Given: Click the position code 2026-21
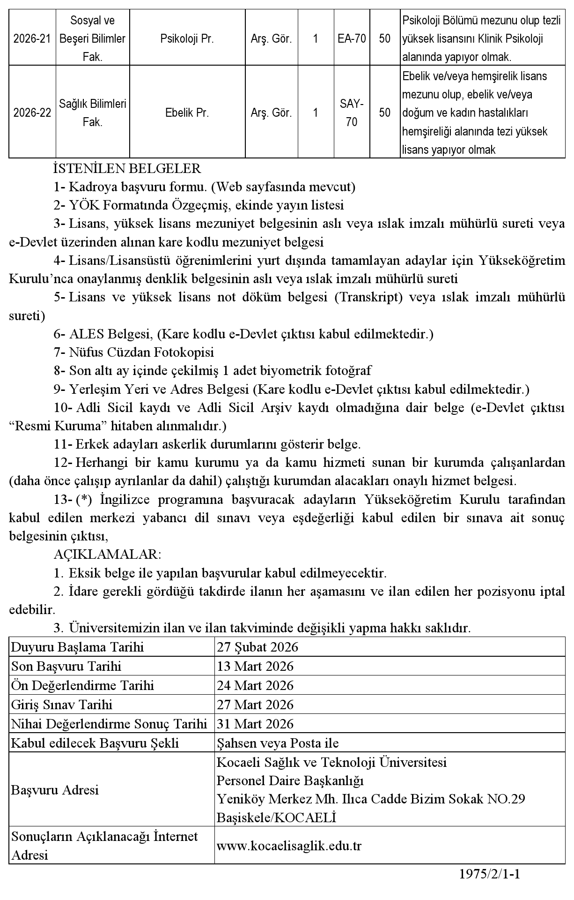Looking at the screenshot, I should tap(32, 39).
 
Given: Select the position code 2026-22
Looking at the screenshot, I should tap(32, 113).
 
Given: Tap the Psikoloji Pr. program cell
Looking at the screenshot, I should tap(187, 39).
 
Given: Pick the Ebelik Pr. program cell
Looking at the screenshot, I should tap(187, 113).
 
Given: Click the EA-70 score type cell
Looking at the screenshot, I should tap(352, 39).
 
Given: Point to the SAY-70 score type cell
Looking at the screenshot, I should tap(352, 113).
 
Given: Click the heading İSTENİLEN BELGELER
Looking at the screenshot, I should tap(127, 168).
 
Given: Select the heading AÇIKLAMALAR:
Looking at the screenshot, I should tap(108, 555).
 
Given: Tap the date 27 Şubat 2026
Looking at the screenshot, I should tap(258, 647).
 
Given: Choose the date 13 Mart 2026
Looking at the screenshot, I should tap(255, 667).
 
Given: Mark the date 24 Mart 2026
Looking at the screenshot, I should tap(255, 686).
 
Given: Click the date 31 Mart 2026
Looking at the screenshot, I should tap(255, 724).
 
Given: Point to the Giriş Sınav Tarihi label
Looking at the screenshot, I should tap(62, 705).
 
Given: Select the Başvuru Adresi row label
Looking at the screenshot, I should tap(55, 790).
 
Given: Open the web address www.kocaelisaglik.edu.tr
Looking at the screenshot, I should tap(289, 846).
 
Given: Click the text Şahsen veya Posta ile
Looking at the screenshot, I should tap(278, 743).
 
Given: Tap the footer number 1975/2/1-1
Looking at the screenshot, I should tap(490, 874).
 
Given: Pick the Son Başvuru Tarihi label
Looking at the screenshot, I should tap(66, 667).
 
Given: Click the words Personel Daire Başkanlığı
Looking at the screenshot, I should tap(290, 781).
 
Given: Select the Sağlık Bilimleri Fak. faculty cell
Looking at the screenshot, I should tap(93, 113).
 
